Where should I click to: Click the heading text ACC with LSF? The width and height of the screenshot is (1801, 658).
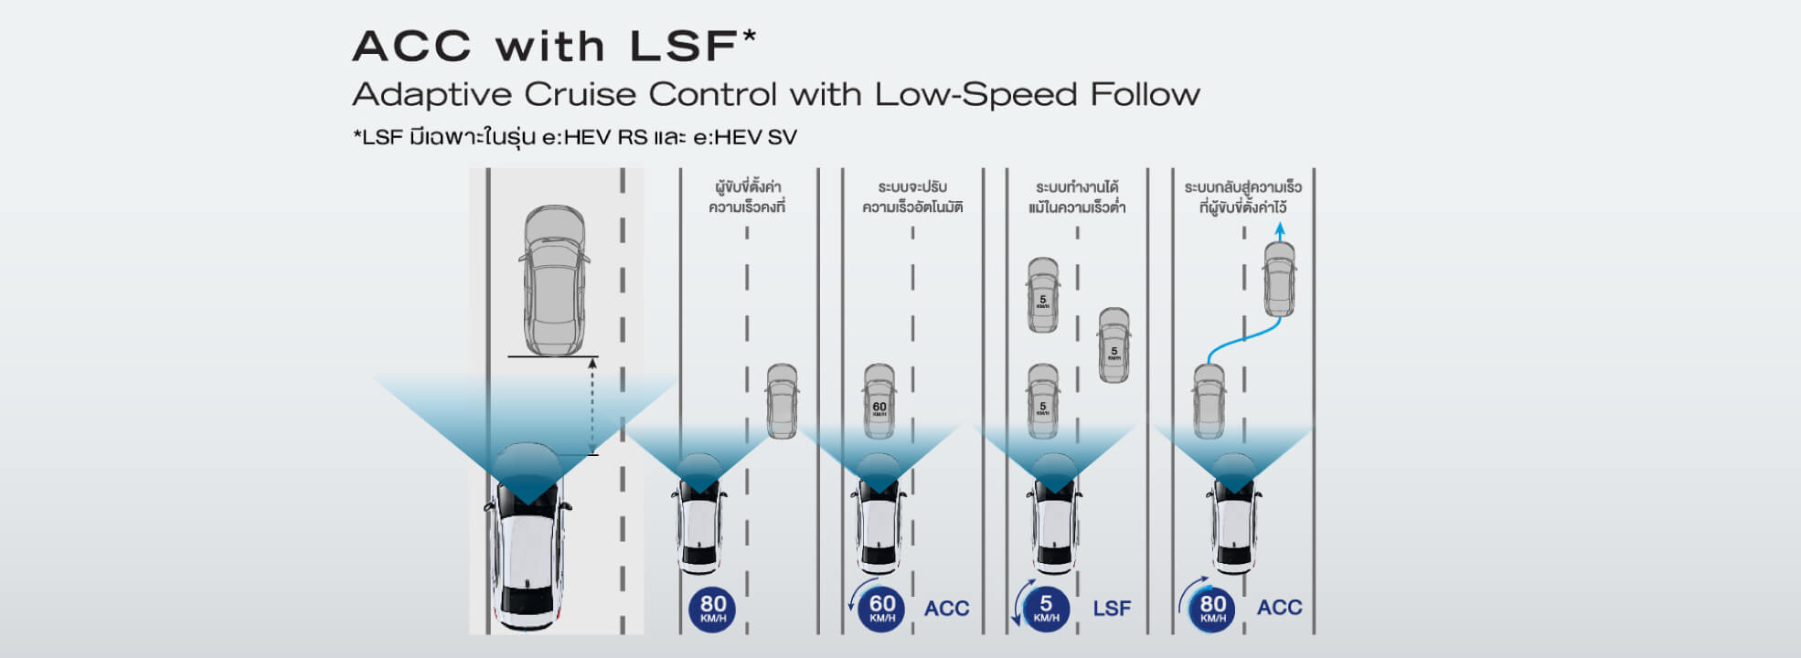click(x=553, y=47)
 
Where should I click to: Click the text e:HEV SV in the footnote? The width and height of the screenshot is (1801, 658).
click(x=745, y=137)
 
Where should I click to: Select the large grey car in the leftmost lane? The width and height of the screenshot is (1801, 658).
click(x=554, y=280)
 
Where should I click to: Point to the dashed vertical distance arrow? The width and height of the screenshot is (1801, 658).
click(x=592, y=406)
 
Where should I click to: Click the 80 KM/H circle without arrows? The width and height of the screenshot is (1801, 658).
click(x=713, y=609)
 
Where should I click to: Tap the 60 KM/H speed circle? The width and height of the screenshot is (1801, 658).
click(x=881, y=609)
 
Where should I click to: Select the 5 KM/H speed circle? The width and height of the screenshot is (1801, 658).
click(x=1046, y=609)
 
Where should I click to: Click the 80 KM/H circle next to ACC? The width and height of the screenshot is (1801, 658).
click(x=1212, y=609)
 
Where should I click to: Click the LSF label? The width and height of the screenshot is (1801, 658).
click(x=1112, y=609)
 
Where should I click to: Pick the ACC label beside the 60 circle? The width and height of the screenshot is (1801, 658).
click(x=946, y=609)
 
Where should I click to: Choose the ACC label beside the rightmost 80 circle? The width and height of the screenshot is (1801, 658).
click(x=1279, y=608)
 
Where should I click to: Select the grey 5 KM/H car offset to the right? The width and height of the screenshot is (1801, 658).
click(x=1114, y=345)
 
